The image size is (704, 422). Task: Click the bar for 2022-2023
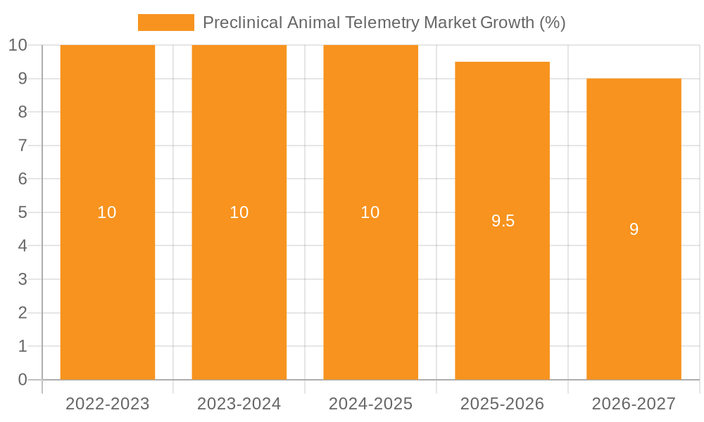pyautogui.click(x=108, y=281)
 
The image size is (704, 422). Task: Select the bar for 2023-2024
pyautogui.click(x=239, y=281)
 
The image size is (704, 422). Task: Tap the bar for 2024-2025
pyautogui.click(x=370, y=281)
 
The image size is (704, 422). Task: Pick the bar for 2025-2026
pyautogui.click(x=502, y=295)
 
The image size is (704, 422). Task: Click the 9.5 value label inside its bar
pyautogui.click(x=503, y=221)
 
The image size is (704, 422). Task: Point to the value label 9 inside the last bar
pyautogui.click(x=634, y=229)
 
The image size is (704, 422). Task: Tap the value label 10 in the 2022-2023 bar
pyautogui.click(x=107, y=212)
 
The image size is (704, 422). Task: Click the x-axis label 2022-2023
pyautogui.click(x=108, y=404)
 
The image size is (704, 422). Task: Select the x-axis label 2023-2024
pyautogui.click(x=239, y=404)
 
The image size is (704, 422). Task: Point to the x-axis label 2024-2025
pyautogui.click(x=370, y=404)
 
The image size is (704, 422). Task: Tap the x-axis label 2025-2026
pyautogui.click(x=502, y=404)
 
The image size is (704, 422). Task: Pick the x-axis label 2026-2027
pyautogui.click(x=634, y=404)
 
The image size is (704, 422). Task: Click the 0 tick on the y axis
pyautogui.click(x=22, y=380)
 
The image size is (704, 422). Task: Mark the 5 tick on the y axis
pyautogui.click(x=22, y=212)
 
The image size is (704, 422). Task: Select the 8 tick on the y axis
pyautogui.click(x=22, y=112)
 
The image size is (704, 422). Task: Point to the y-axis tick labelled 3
pyautogui.click(x=22, y=279)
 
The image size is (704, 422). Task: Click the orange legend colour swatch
pyautogui.click(x=165, y=23)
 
